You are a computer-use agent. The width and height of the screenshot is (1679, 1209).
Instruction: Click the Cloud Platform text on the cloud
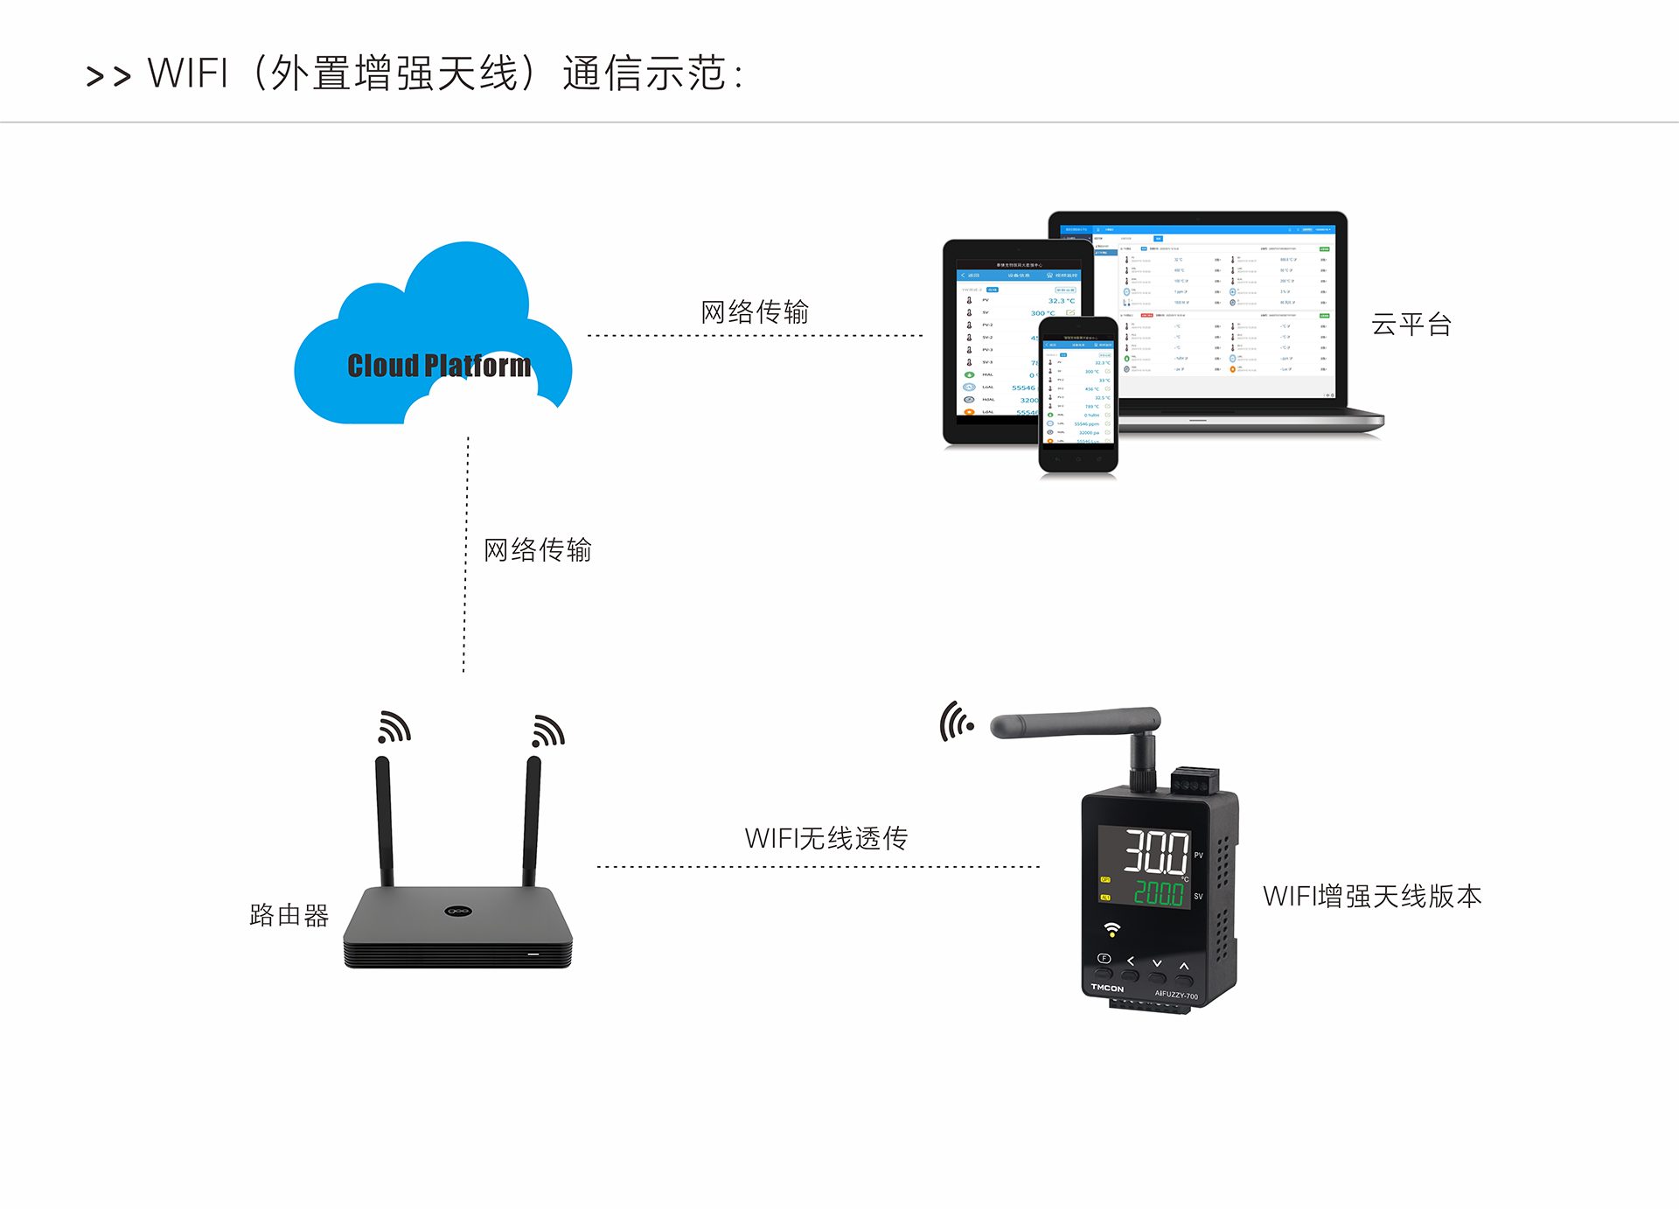(x=439, y=366)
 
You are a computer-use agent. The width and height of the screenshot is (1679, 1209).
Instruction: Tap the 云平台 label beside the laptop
(x=1411, y=325)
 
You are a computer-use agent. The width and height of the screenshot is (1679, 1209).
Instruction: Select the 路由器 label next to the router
(x=289, y=915)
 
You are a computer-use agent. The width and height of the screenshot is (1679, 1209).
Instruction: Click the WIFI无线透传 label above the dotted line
(x=826, y=838)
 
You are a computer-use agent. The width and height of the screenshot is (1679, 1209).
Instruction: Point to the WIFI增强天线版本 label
(x=1371, y=896)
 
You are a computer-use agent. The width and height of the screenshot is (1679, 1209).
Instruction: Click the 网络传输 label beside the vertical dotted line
(x=537, y=549)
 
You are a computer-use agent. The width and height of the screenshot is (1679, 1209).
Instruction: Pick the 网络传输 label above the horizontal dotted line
(x=754, y=311)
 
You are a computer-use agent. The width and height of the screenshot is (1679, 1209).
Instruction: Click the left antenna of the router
(x=384, y=822)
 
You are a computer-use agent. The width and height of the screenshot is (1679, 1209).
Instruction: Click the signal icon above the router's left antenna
(x=394, y=728)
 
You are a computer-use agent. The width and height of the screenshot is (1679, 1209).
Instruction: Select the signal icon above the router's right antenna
(x=548, y=730)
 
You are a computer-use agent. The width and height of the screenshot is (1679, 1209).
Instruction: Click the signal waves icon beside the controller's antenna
(x=956, y=722)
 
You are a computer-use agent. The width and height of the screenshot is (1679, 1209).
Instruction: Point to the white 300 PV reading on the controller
(x=1155, y=852)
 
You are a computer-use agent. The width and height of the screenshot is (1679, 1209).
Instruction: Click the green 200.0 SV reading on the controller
(x=1158, y=893)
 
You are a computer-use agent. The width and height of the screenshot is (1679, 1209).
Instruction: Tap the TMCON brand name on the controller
(x=1107, y=988)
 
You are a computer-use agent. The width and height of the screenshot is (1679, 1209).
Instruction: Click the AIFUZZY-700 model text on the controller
(x=1176, y=995)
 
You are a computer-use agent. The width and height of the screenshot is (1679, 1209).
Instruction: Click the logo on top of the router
(x=458, y=911)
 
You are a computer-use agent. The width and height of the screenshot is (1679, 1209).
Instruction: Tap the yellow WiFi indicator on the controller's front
(x=1111, y=928)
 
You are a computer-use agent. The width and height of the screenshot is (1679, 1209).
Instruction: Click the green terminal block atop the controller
(x=1195, y=779)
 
